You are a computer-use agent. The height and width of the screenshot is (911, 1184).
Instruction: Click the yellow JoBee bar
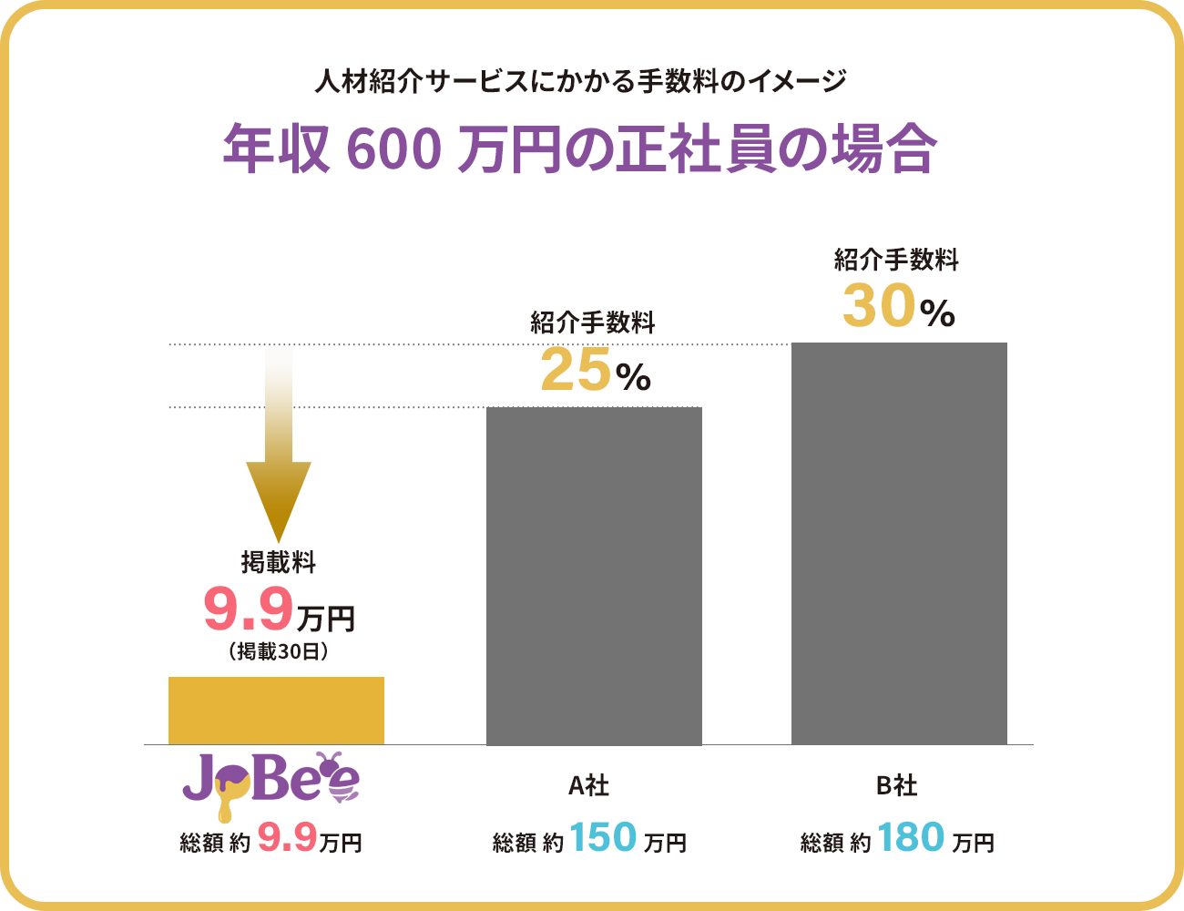[276, 711]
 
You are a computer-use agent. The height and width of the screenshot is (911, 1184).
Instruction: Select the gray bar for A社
[594, 576]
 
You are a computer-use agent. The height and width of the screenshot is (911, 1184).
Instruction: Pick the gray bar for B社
[899, 543]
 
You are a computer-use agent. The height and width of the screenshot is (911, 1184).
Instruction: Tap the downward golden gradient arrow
[279, 446]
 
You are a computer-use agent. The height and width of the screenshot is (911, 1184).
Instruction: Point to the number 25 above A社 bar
[575, 372]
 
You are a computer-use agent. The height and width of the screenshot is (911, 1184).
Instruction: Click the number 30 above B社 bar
[878, 306]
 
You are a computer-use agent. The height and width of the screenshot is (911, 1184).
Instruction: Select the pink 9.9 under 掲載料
[248, 609]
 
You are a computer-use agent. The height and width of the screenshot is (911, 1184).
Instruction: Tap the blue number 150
[603, 838]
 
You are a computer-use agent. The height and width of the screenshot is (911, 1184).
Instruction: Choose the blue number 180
[911, 838]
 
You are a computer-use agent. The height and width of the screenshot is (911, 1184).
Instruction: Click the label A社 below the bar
[589, 785]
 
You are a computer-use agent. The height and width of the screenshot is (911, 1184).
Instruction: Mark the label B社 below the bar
[897, 785]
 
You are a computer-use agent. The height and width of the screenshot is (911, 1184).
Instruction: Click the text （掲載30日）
[278, 651]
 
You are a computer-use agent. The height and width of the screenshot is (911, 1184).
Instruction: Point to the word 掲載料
[278, 562]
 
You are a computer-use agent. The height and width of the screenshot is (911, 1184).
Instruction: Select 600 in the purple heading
[393, 150]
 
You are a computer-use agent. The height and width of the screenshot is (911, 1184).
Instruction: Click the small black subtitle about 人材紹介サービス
[580, 82]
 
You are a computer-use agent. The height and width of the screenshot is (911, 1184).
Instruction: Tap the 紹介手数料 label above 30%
[896, 260]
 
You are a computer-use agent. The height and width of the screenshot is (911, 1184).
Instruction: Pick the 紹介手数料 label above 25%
[592, 322]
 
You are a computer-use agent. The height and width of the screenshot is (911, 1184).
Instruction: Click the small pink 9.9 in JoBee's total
[286, 836]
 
